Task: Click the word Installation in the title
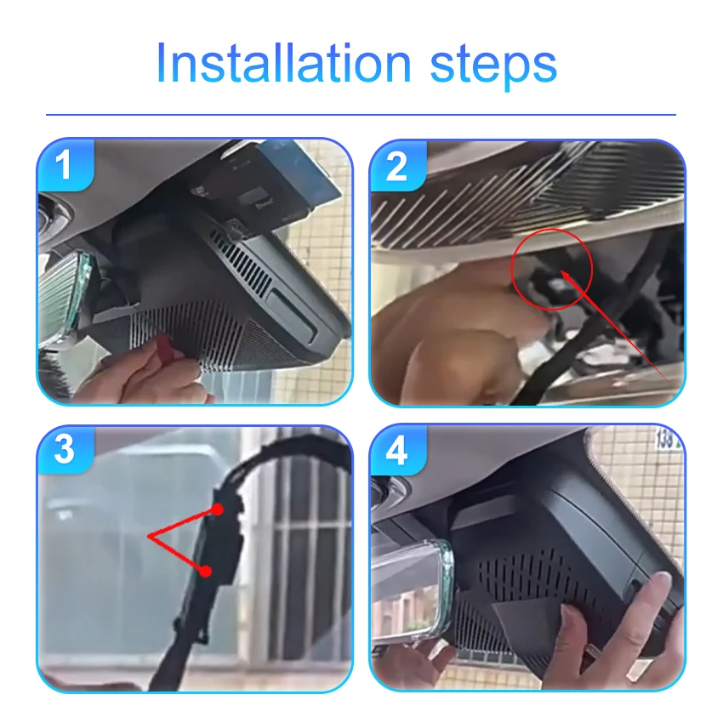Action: coord(283,63)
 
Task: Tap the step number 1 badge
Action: coord(65,165)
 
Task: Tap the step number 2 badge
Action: coord(397,166)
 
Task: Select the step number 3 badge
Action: coord(65,449)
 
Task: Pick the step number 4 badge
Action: coord(397,451)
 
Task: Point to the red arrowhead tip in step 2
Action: coord(561,271)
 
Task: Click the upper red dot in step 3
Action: coord(218,509)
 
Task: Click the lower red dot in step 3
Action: coord(206,572)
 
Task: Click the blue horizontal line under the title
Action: coord(361,114)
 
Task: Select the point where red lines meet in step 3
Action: coord(150,536)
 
